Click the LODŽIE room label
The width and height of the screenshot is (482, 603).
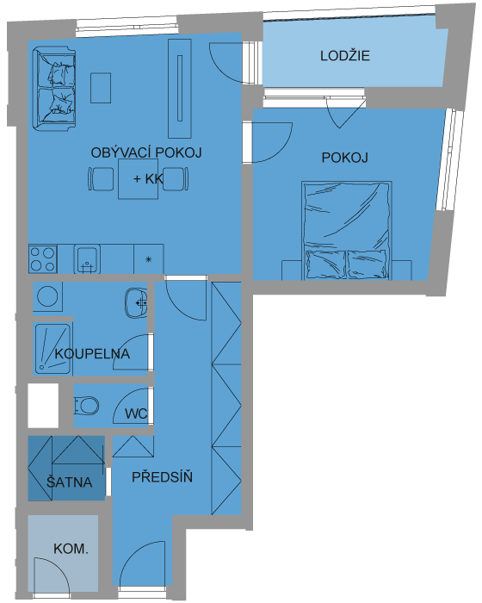(x=345, y=56)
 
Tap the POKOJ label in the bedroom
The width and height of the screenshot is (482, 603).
(x=345, y=158)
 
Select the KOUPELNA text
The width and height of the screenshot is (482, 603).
(x=92, y=354)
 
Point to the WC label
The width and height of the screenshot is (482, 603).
(x=136, y=413)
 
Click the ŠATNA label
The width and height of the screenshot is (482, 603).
(x=70, y=482)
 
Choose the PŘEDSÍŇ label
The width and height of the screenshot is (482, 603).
(x=162, y=477)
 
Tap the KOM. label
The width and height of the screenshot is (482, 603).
(x=71, y=549)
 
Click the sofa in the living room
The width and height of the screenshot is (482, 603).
(x=54, y=89)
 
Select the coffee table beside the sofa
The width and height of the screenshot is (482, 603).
(x=101, y=88)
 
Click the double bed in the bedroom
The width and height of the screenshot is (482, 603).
(x=347, y=230)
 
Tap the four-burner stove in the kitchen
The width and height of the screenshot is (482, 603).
(x=43, y=259)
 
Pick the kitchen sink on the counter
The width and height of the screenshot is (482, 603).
(x=87, y=259)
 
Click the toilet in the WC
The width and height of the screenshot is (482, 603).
(x=86, y=406)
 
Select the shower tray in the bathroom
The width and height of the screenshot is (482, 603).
(x=53, y=348)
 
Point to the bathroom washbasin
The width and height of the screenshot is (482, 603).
(x=137, y=303)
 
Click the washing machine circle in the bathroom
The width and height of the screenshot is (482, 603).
(x=47, y=296)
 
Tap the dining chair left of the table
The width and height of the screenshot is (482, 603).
(x=101, y=179)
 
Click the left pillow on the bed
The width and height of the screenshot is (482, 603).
(x=324, y=264)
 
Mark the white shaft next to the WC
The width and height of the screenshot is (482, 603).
(x=43, y=406)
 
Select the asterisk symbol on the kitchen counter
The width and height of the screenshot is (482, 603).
(x=149, y=259)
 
